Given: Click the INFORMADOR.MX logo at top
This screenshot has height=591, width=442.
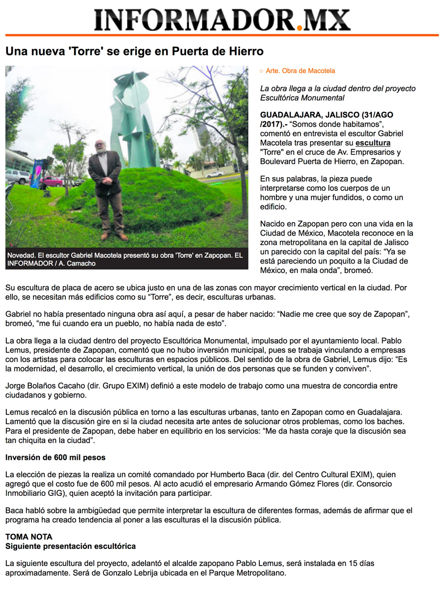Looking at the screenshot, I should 222,20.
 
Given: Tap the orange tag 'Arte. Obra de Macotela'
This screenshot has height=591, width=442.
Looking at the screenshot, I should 300,71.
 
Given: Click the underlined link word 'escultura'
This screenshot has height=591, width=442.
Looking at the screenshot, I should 373,143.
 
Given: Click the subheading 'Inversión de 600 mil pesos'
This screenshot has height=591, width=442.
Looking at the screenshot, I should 55,457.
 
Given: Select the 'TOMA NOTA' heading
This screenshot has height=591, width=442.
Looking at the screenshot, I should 29,537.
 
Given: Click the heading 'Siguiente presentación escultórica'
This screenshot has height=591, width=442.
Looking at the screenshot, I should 71,546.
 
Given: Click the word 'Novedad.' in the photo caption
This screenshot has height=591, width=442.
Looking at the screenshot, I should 22,256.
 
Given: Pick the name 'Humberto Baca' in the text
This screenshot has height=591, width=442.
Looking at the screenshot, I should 234,475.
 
